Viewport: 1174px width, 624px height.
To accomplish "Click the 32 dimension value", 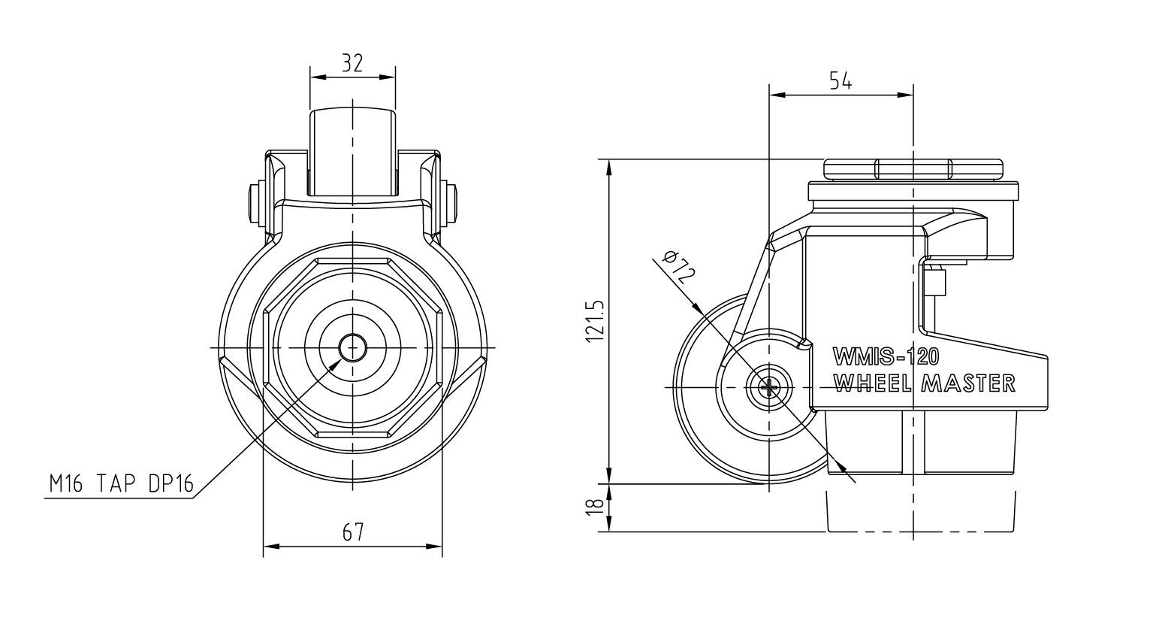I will (352, 63).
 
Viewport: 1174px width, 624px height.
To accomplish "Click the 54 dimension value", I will (841, 81).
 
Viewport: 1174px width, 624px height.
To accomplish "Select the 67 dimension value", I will (353, 532).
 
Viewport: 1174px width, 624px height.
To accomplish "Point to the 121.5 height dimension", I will (596, 321).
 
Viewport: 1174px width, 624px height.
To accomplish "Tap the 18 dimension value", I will (596, 507).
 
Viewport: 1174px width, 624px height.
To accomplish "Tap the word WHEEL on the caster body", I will (873, 383).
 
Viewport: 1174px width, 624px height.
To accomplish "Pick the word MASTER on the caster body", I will (969, 383).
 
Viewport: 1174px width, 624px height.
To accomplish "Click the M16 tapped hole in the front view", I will (352, 347).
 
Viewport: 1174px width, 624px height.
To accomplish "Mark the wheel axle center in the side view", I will (768, 387).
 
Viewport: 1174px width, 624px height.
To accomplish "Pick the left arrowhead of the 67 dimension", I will (270, 547).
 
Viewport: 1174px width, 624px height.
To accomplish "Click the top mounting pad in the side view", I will (913, 169).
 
